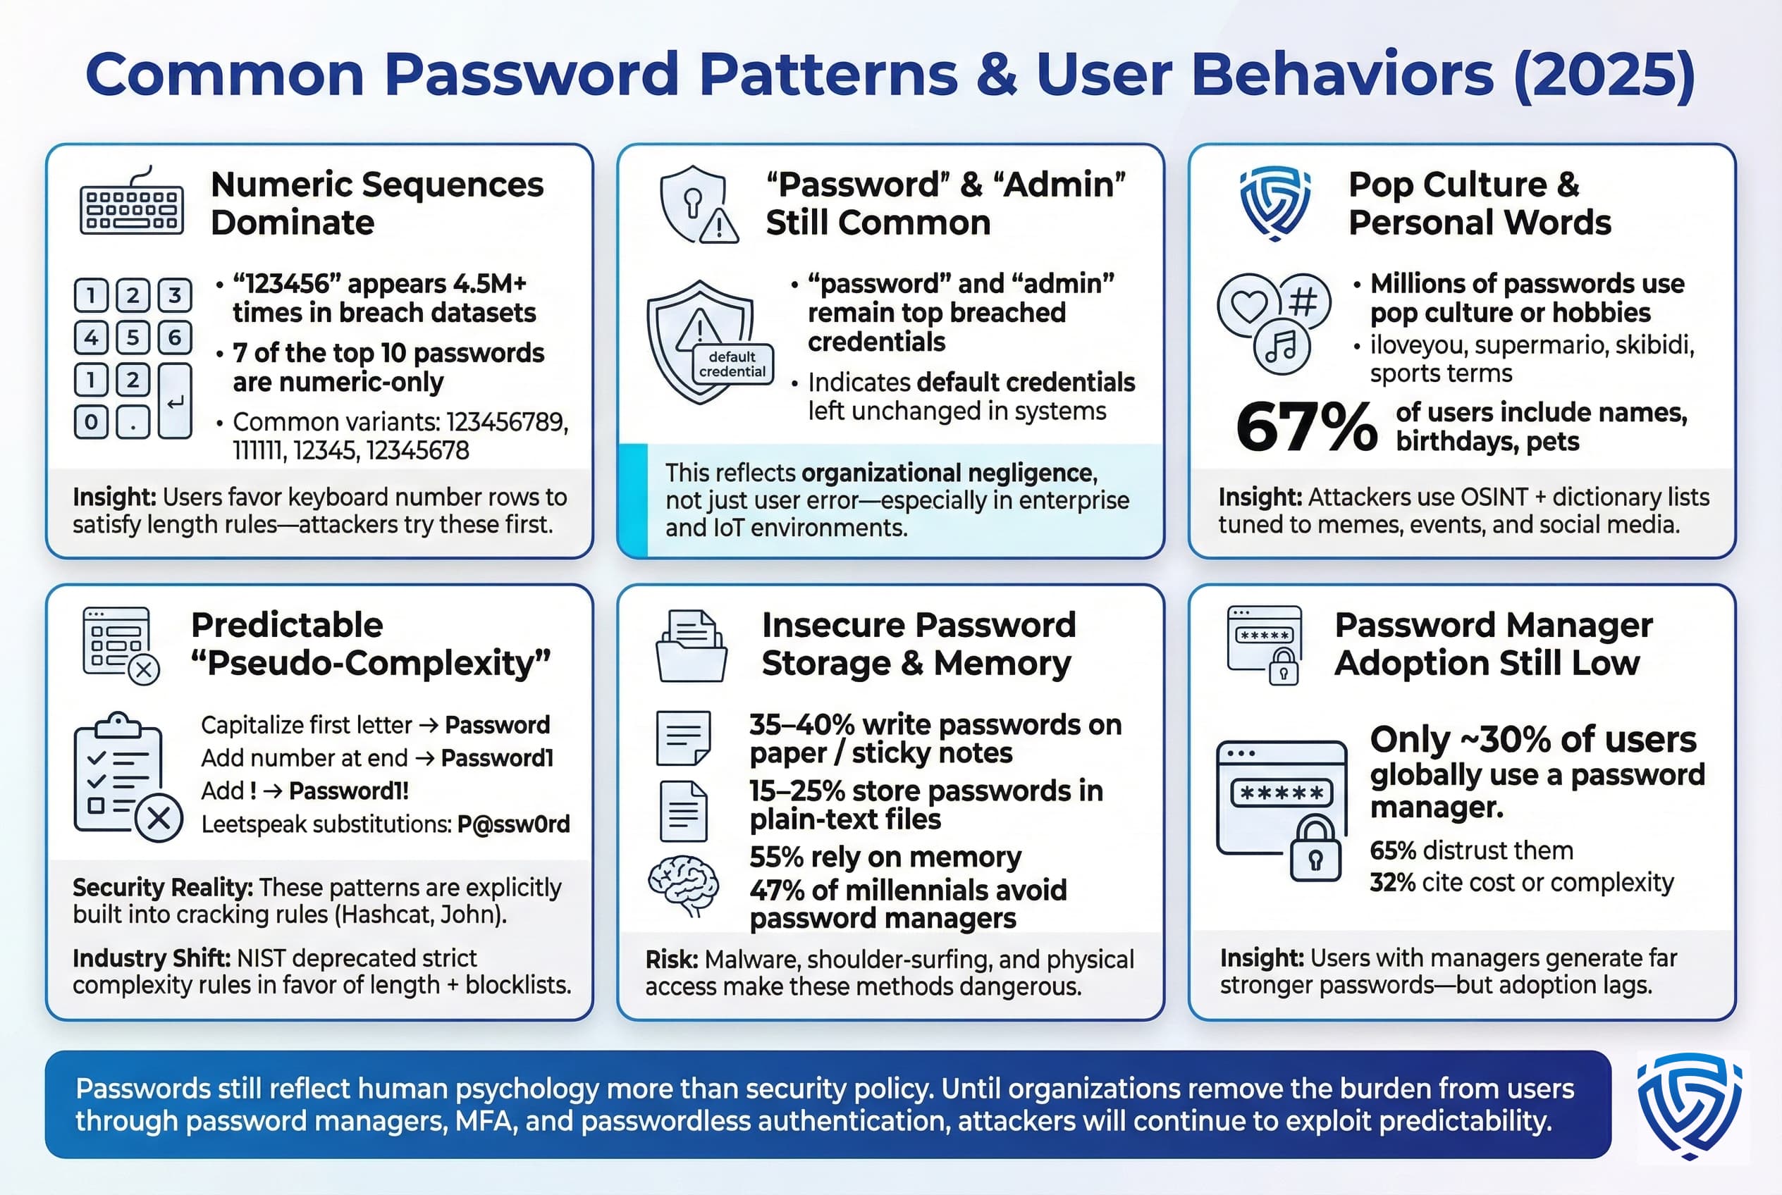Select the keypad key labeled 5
click(x=133, y=337)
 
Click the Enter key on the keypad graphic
click(x=175, y=401)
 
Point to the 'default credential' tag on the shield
click(x=732, y=364)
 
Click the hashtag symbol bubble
click(x=1303, y=302)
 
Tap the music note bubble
click(x=1281, y=347)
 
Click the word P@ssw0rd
click(x=513, y=824)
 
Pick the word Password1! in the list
click(x=348, y=791)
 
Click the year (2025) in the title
click(x=1604, y=74)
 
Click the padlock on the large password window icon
click(x=1315, y=850)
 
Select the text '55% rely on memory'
click(x=885, y=857)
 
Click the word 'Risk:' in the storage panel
click(x=671, y=960)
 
